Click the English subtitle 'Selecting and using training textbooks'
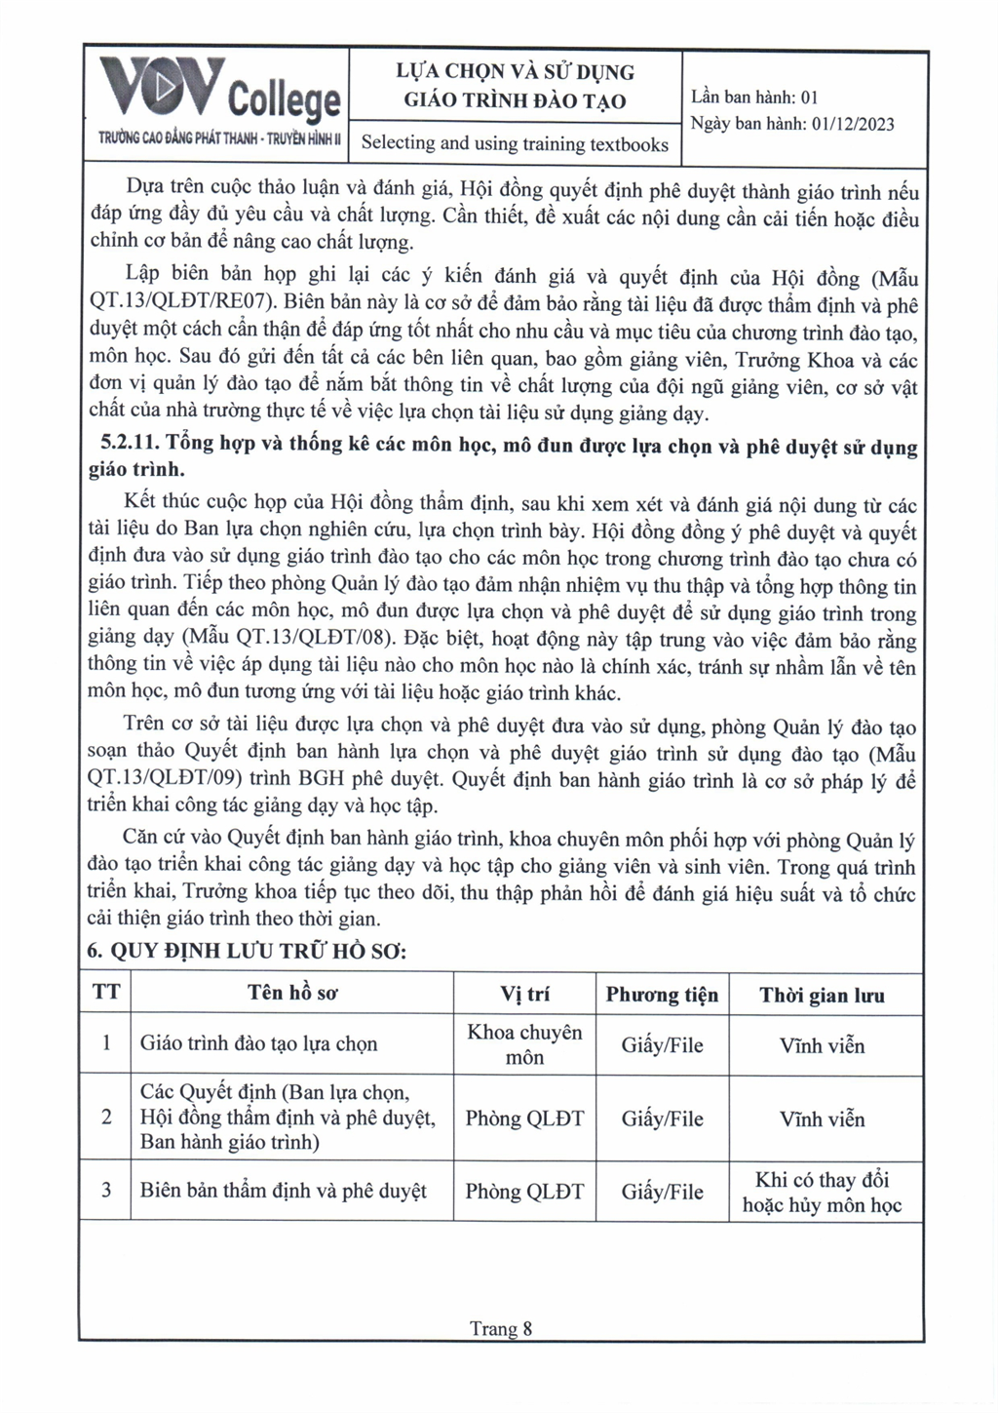coord(515,143)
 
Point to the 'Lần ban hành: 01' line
coord(754,97)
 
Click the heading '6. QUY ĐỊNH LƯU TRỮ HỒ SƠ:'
coord(247,951)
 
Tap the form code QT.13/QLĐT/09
coord(168,780)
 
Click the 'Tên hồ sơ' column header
coord(292,993)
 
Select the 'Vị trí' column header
coord(524,994)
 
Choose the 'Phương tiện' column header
coord(662,995)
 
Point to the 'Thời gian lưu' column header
coord(822,995)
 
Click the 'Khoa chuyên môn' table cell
coord(524,1044)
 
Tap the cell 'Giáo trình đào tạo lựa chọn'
coord(258,1043)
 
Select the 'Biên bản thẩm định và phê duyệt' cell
coord(283,1191)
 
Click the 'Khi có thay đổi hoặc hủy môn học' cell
coord(822,1192)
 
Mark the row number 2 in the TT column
coord(106,1117)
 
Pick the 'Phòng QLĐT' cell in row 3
coord(524,1192)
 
